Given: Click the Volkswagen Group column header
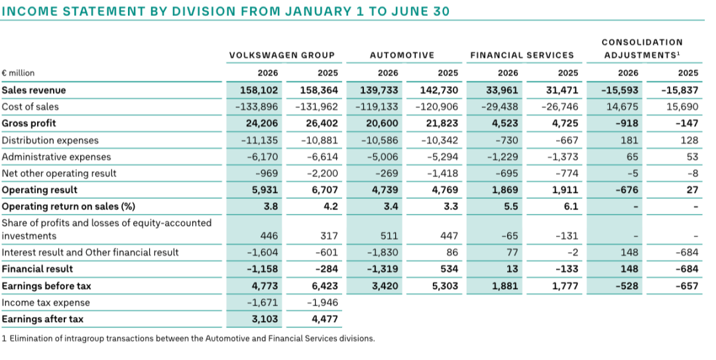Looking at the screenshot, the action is tap(282, 55).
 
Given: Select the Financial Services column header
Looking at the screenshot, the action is tap(522, 55).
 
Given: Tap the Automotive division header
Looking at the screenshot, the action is tap(402, 55).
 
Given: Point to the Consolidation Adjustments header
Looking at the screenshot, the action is tap(642, 48).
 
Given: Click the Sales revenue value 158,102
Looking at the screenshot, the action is tap(259, 90).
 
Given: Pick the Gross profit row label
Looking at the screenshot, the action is tap(29, 123).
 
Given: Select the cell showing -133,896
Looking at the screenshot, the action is tap(257, 107).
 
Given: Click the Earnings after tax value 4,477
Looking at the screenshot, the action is tap(325, 319).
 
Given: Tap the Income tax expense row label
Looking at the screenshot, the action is tap(46, 302).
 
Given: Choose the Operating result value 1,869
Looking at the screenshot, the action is tap(505, 190).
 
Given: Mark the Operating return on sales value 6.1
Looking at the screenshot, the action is tap(571, 206).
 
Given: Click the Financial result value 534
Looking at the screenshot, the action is tap(449, 269).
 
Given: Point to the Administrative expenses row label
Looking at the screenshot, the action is tap(56, 156).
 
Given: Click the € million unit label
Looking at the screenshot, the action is tap(19, 73).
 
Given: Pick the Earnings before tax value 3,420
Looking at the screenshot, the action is tap(385, 286).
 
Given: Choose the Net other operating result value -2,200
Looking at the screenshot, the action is tap(320, 174).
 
